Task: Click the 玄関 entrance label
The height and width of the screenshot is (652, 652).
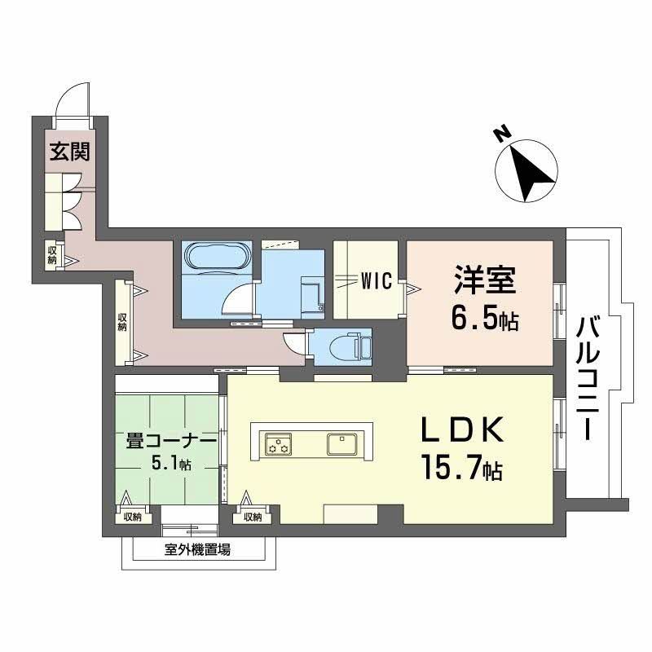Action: (x=68, y=152)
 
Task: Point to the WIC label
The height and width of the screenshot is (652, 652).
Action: (x=377, y=281)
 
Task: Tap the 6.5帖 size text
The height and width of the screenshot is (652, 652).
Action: (x=484, y=319)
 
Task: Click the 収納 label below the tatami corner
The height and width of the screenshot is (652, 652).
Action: (x=133, y=516)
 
